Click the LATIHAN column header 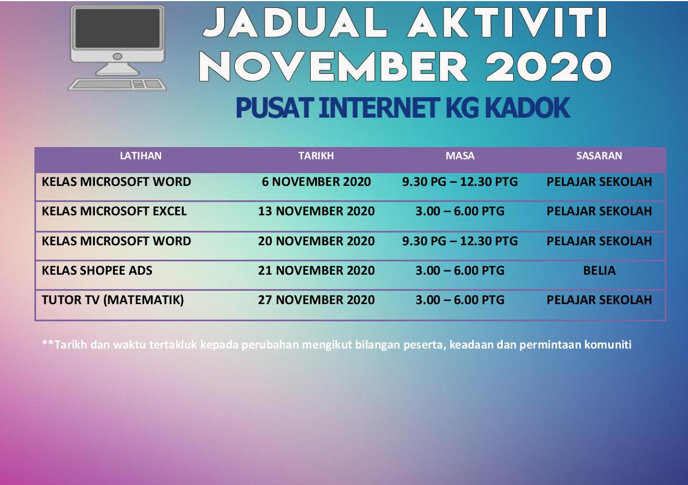(x=141, y=156)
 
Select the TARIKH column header (x=316, y=156)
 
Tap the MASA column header (x=460, y=156)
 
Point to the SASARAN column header (x=599, y=156)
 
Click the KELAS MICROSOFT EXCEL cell (x=114, y=211)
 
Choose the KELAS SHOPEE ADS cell (x=97, y=271)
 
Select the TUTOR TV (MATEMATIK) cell (x=113, y=300)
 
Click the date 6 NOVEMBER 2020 (x=316, y=181)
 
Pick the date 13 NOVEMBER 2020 (x=316, y=211)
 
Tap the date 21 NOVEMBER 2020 (x=316, y=271)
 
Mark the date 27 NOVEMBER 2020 (x=316, y=300)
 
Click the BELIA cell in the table (x=599, y=271)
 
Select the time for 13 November (x=460, y=211)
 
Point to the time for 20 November (x=460, y=241)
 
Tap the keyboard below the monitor (x=117, y=85)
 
